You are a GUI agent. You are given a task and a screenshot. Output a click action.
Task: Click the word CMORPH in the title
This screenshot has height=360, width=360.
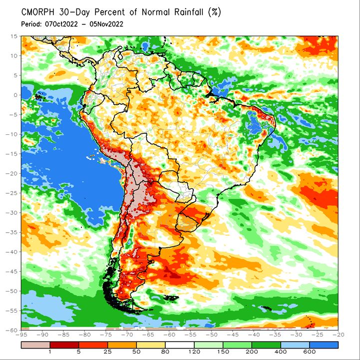(38, 12)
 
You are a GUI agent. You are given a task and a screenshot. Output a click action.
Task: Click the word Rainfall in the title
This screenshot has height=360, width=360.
(189, 12)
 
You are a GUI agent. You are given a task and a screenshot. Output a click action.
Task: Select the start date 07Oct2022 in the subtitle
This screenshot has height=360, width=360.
(61, 24)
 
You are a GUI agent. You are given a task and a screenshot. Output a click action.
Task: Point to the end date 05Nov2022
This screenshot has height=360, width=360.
(106, 24)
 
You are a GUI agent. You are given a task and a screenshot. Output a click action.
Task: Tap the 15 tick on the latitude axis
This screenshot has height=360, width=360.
(14, 36)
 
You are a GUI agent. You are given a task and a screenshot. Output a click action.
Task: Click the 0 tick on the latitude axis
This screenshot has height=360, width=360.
(15, 95)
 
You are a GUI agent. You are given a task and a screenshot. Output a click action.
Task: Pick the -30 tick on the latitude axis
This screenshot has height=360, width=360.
(12, 213)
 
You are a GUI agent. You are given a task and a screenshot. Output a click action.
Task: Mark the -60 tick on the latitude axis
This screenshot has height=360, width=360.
(12, 330)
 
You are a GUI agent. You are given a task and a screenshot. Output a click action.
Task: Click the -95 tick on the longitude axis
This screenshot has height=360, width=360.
(21, 335)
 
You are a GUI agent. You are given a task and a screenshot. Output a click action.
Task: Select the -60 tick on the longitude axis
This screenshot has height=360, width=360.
(169, 335)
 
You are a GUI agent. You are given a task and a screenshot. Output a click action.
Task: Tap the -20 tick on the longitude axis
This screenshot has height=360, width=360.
(338, 335)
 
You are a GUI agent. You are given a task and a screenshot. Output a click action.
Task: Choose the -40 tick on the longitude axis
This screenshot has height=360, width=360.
(254, 335)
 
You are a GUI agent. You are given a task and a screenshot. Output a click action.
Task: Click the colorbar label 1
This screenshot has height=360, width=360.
(50, 352)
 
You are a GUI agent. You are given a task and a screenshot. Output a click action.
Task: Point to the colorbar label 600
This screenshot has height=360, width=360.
(310, 352)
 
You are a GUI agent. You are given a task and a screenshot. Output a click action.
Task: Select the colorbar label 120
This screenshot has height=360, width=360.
(194, 352)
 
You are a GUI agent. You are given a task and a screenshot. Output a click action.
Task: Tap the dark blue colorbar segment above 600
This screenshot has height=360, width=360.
(324, 345)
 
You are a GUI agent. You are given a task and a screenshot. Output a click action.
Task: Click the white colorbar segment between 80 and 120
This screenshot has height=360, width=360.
(180, 345)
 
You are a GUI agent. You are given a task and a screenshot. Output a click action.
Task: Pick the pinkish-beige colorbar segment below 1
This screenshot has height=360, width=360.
(35, 345)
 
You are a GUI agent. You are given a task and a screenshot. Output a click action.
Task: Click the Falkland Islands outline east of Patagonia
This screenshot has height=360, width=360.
(171, 298)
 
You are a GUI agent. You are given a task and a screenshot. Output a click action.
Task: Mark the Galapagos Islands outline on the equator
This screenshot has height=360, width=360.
(40, 97)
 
